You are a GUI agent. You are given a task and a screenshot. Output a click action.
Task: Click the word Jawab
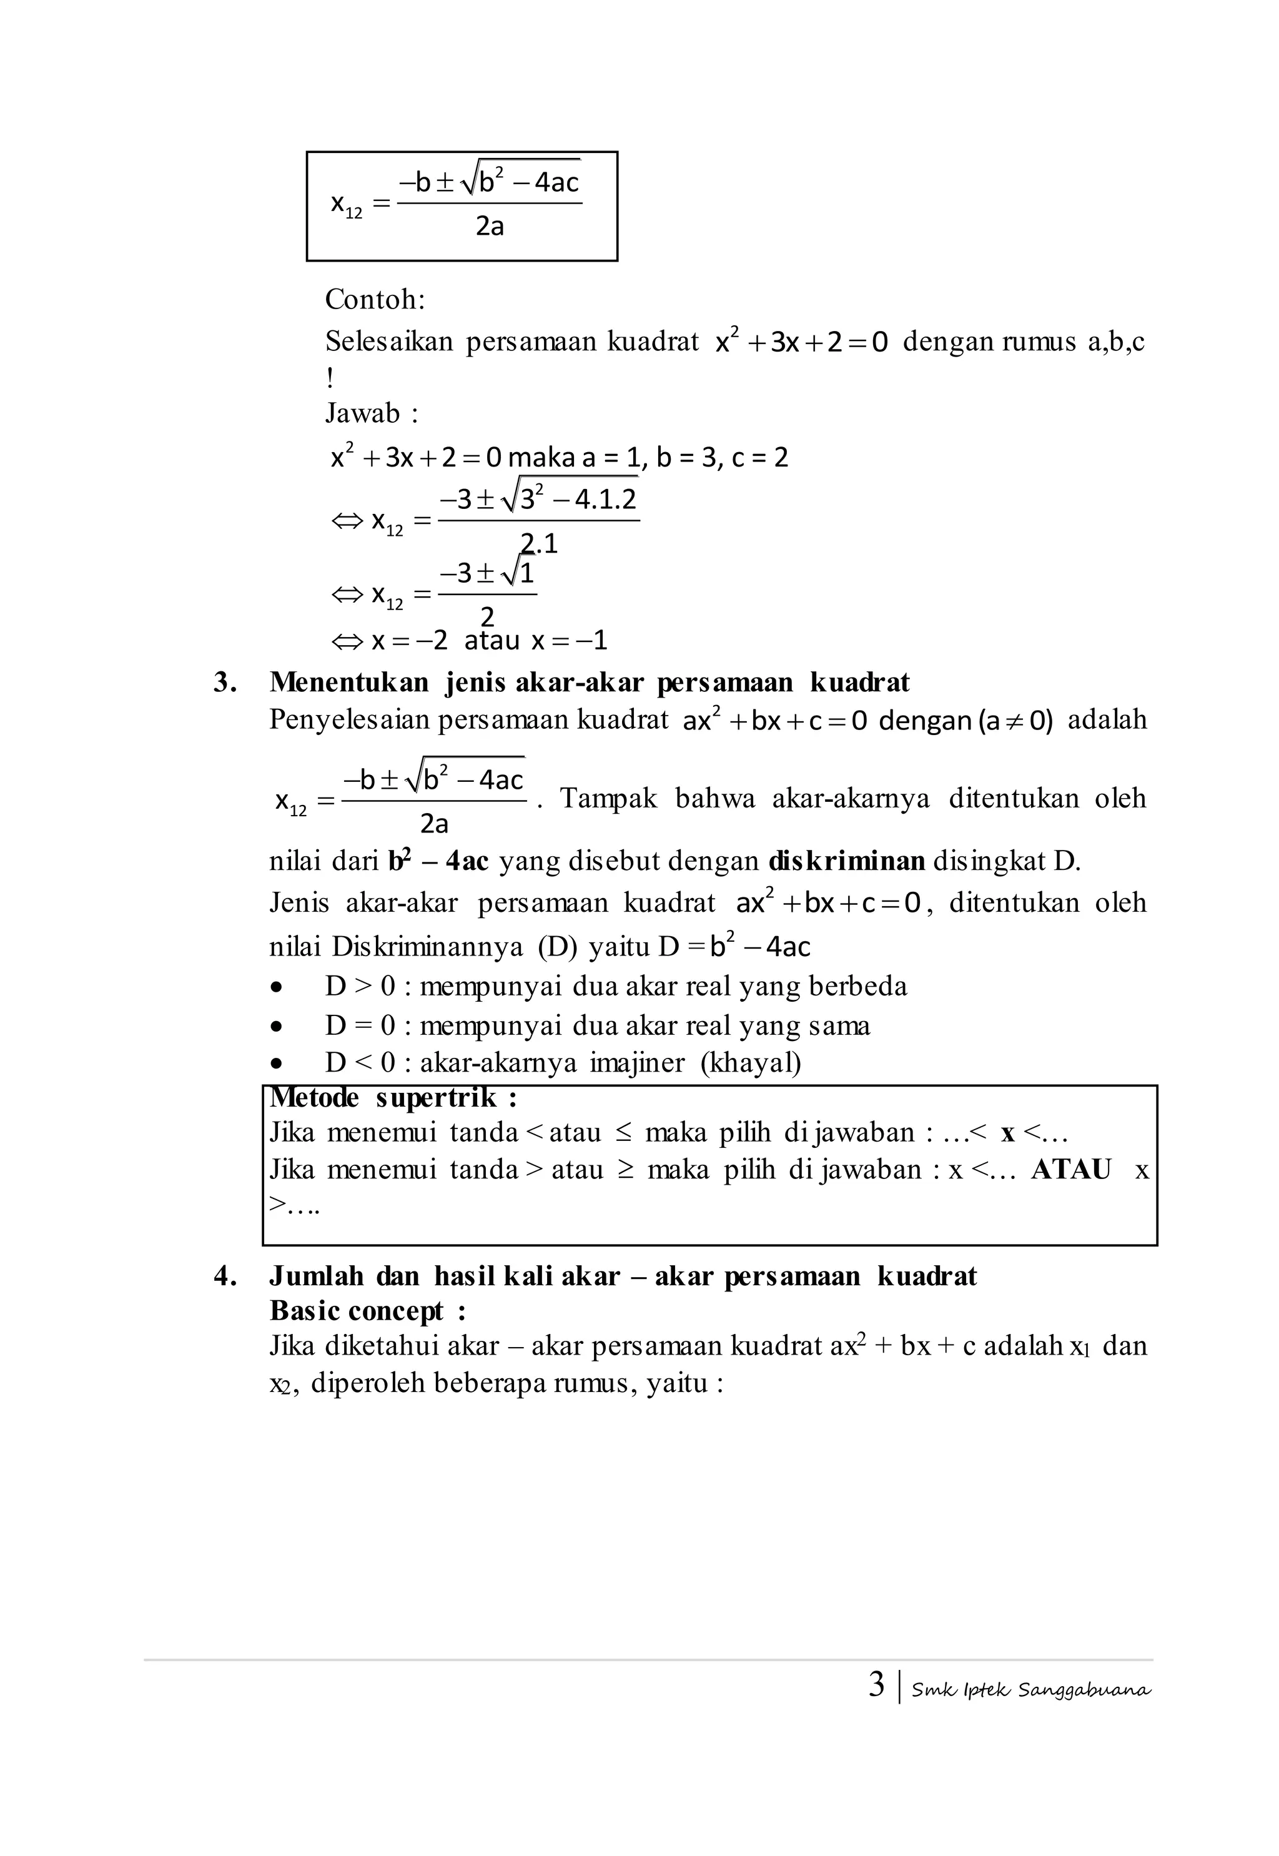(362, 413)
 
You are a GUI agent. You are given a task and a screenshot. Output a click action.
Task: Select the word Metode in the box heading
(314, 1098)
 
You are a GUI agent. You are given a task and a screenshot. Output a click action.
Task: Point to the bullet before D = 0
(277, 1027)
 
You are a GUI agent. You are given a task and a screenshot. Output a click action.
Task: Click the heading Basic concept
(357, 1311)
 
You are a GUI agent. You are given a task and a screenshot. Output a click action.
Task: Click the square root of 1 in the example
(518, 574)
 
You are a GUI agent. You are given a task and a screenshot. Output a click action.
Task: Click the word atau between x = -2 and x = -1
(491, 641)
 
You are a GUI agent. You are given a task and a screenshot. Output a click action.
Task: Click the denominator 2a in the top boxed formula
(490, 227)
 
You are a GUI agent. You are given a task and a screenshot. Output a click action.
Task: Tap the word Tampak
(608, 798)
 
